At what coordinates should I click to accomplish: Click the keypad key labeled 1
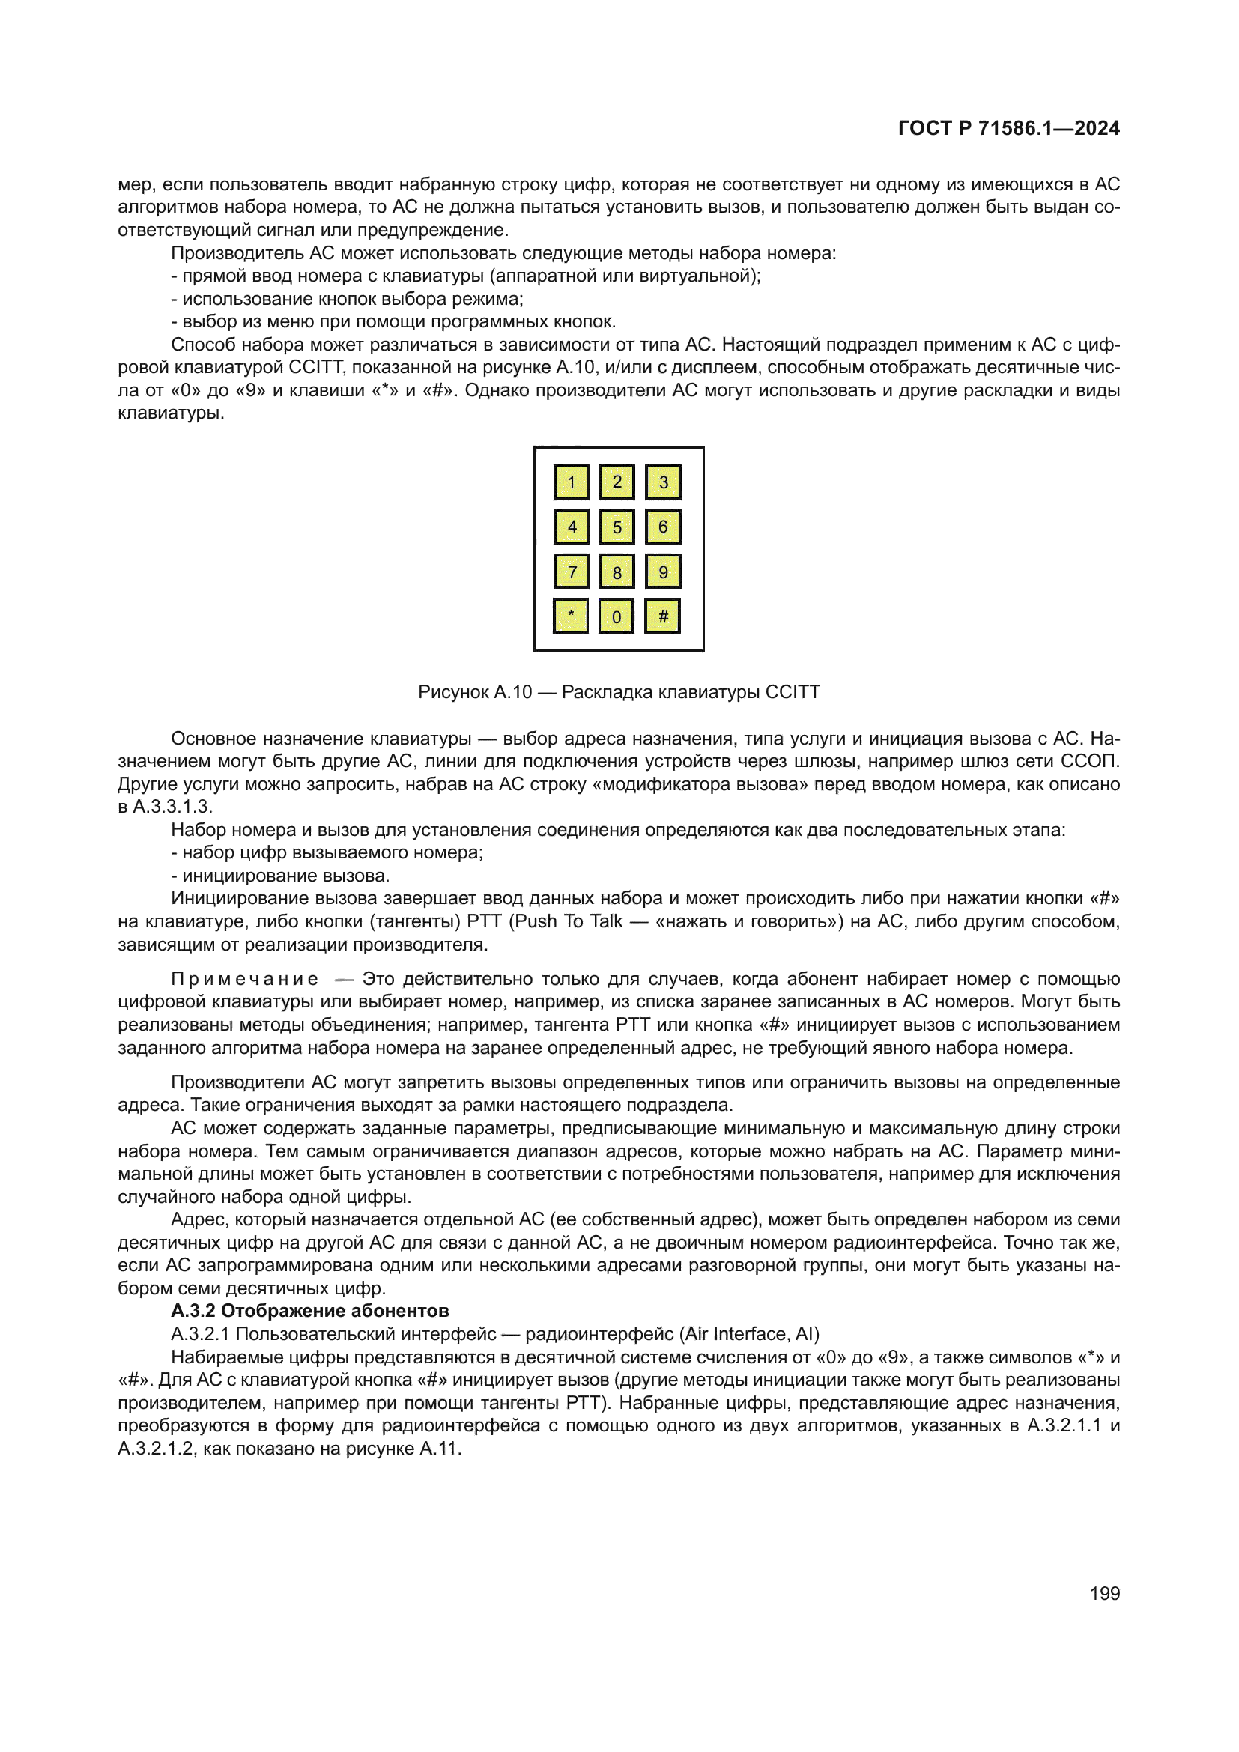pos(571,482)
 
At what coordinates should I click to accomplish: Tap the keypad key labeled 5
pos(617,527)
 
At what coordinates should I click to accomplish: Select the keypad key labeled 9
pos(662,572)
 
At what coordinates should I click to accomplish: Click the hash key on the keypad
pos(662,616)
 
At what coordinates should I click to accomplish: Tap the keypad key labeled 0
pos(617,616)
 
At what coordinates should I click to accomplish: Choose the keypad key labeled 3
pos(662,482)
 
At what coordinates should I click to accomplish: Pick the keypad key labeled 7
pos(571,572)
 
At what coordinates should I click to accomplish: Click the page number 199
pos(1104,1593)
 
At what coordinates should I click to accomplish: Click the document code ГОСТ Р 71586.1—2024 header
pos(1008,128)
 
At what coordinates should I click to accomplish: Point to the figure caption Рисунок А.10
pos(474,692)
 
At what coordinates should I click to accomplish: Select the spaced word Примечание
pos(244,979)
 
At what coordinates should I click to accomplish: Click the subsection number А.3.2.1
pos(201,1334)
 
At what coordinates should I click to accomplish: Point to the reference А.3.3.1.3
pos(172,807)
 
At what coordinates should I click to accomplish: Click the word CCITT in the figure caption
pos(792,692)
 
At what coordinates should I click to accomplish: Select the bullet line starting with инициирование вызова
pos(280,876)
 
